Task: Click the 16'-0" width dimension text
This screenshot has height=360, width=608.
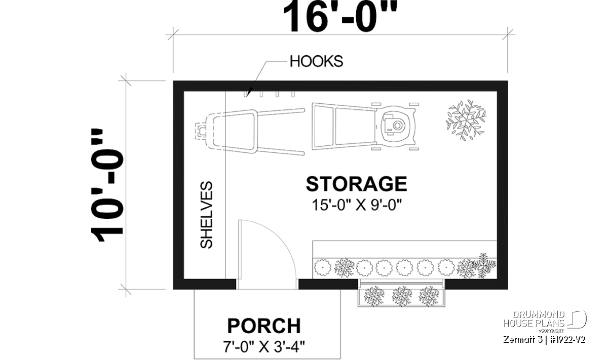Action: pos(340,16)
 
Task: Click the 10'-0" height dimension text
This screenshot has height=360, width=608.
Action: pos(107,185)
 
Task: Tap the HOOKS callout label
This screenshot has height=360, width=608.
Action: pos(316,61)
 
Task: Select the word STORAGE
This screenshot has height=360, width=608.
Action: pos(356,184)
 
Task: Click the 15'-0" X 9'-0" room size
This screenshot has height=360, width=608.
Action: pos(356,205)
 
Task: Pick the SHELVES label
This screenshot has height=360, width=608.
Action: pos(206,215)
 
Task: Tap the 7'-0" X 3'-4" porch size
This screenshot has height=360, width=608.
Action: pos(264,347)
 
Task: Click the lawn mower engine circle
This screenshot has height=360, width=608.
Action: pos(397,126)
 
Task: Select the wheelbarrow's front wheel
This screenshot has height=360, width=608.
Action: pos(200,131)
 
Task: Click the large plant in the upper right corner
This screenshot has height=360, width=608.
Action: pos(466,120)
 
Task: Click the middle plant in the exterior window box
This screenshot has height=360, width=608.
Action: pos(402,296)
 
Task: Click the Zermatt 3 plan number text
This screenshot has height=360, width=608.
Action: pos(544,340)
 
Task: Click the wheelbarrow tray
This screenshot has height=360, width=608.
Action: pos(231,131)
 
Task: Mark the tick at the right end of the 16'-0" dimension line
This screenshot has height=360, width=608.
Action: pos(508,35)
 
